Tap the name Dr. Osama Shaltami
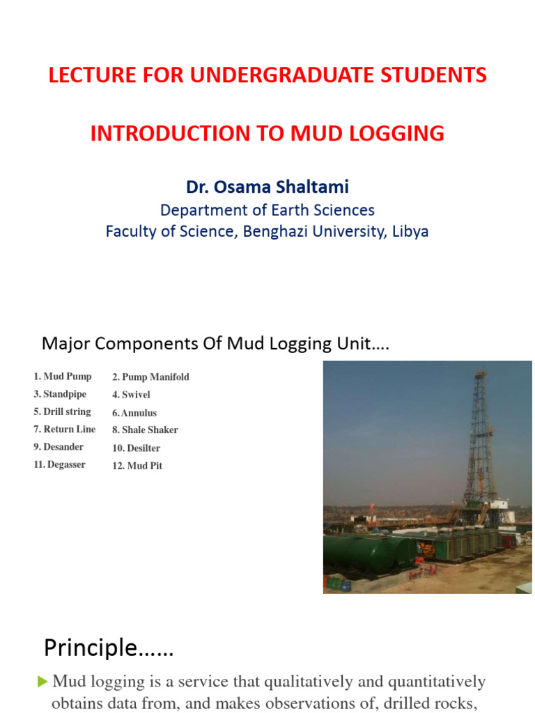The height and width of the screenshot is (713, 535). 267,187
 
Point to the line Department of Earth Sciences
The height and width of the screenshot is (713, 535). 267,210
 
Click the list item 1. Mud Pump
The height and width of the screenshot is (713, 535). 62,377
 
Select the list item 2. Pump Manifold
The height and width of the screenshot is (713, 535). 150,377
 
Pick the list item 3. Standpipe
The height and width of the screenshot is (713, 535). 60,394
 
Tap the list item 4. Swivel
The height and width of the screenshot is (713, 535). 131,395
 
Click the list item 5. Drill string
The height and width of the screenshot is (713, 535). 62,412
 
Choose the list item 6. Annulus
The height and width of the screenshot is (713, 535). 134,413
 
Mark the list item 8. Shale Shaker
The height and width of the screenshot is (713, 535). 145,430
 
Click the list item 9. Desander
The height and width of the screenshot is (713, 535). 59,447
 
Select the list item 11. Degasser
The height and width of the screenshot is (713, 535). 59,464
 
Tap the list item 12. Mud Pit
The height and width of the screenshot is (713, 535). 137,466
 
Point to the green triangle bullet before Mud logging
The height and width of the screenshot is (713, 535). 43,681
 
